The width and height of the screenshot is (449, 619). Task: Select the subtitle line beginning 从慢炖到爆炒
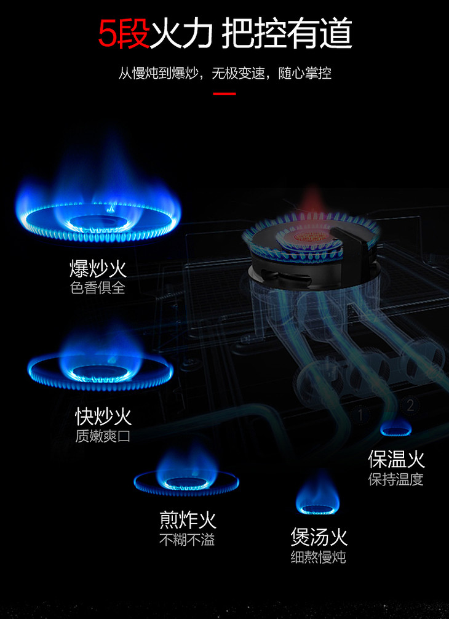pyautogui.click(x=224, y=73)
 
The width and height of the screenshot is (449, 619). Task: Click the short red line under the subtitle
pyautogui.click(x=224, y=94)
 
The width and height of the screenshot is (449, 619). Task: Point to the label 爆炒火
pyautogui.click(x=98, y=269)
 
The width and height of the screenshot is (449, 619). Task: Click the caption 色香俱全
pyautogui.click(x=98, y=287)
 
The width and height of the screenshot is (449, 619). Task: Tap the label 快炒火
pyautogui.click(x=103, y=417)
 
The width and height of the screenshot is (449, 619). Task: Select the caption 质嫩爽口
pyautogui.click(x=103, y=436)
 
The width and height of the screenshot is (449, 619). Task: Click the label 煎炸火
pyautogui.click(x=188, y=520)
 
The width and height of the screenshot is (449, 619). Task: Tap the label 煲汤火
pyautogui.click(x=319, y=537)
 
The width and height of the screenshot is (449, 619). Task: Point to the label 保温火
pyautogui.click(x=396, y=458)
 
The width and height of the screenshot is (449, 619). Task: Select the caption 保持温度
pyautogui.click(x=396, y=478)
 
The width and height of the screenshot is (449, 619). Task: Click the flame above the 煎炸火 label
pyautogui.click(x=186, y=477)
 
